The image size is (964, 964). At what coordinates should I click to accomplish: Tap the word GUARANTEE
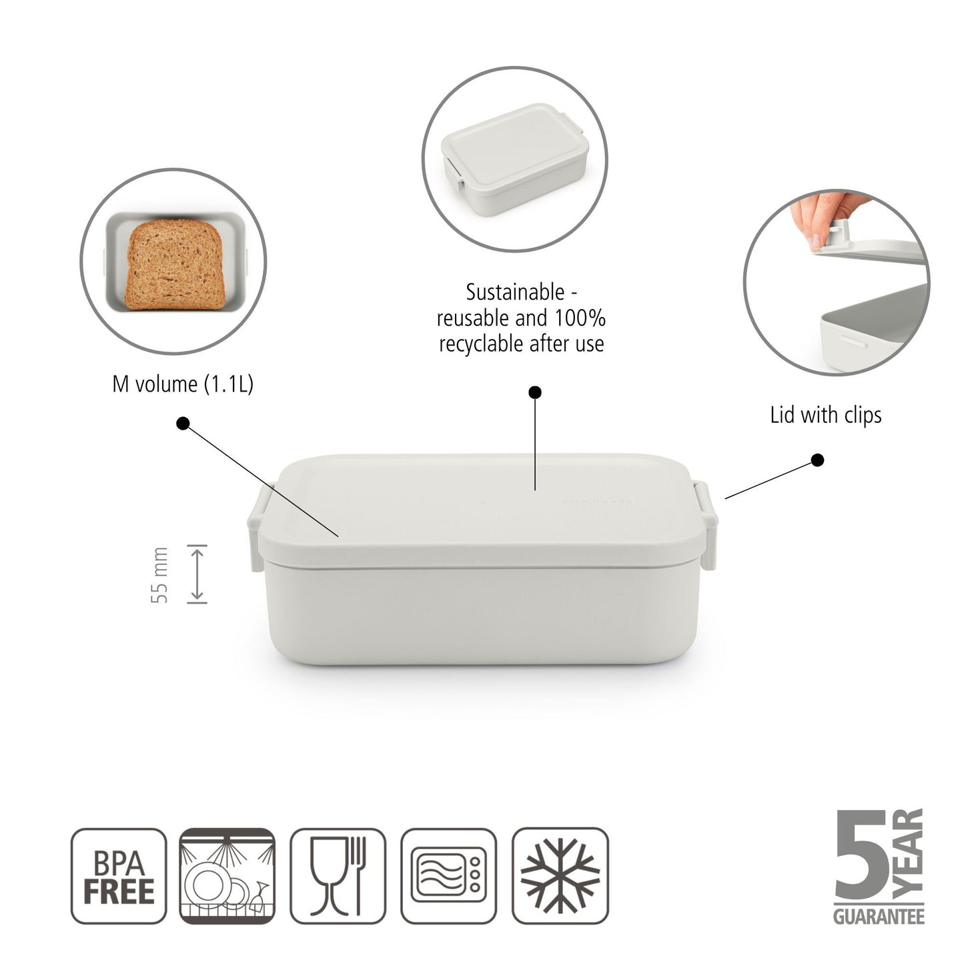(879, 917)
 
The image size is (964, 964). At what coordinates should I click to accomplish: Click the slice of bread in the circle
(173, 266)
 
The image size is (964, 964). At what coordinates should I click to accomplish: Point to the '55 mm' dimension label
(160, 575)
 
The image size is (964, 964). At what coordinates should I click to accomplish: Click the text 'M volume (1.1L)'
(183, 384)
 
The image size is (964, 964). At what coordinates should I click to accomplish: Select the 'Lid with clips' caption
(826, 416)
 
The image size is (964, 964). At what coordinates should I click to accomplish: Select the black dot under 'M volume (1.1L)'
(183, 423)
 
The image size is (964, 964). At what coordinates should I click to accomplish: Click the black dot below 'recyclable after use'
(534, 392)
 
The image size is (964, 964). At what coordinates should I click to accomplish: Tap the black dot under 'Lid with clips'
(817, 460)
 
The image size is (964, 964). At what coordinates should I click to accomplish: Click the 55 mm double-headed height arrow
(197, 574)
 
